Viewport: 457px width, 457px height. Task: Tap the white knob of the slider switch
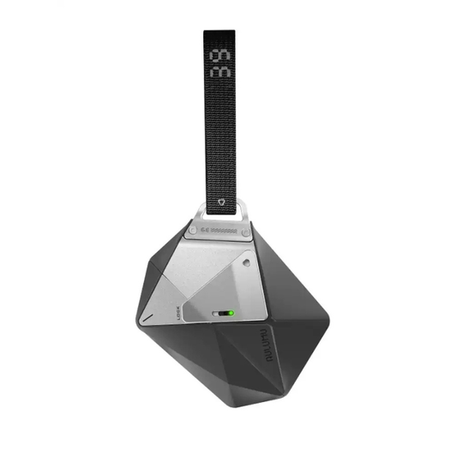[229, 314]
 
